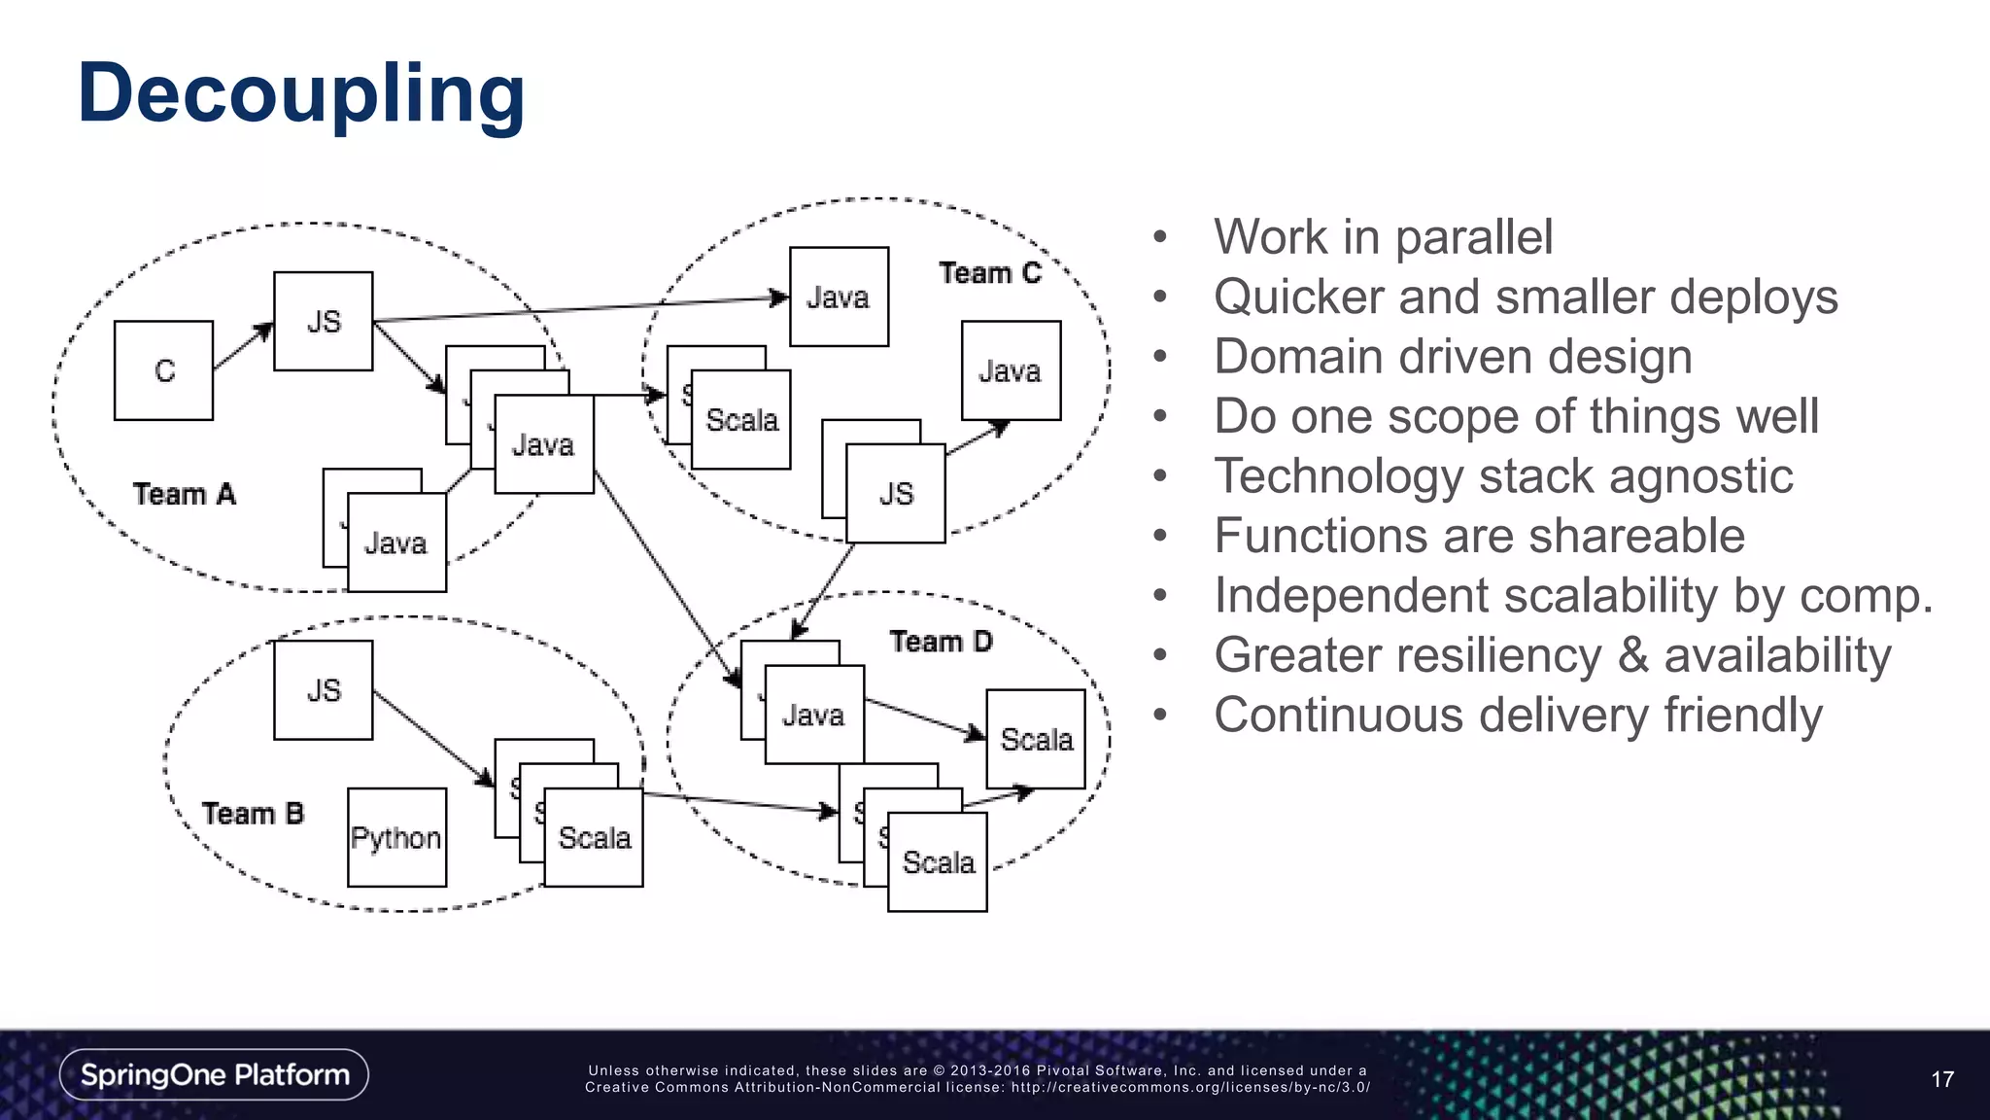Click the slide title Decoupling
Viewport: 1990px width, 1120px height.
[301, 93]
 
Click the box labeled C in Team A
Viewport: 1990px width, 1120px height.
[163, 370]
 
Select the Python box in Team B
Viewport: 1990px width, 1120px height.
[396, 837]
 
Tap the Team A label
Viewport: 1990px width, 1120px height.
[185, 494]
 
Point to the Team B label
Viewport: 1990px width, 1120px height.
[253, 813]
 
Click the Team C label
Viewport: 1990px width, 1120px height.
[989, 273]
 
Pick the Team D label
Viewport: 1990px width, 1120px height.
[941, 642]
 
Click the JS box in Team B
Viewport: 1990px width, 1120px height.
[323, 690]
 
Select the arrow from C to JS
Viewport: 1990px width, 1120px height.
[243, 346]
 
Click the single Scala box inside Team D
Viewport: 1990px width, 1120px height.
[1036, 739]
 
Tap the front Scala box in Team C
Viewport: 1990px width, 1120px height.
[741, 420]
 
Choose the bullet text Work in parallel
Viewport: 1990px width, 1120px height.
[1383, 237]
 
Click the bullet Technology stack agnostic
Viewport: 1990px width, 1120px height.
[1502, 476]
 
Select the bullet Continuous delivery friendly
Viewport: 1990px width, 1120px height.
[1517, 716]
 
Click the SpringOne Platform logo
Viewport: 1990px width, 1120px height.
[214, 1074]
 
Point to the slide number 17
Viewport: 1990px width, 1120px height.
[1941, 1079]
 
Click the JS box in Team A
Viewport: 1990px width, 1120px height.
[323, 321]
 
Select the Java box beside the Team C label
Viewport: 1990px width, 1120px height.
[839, 297]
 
